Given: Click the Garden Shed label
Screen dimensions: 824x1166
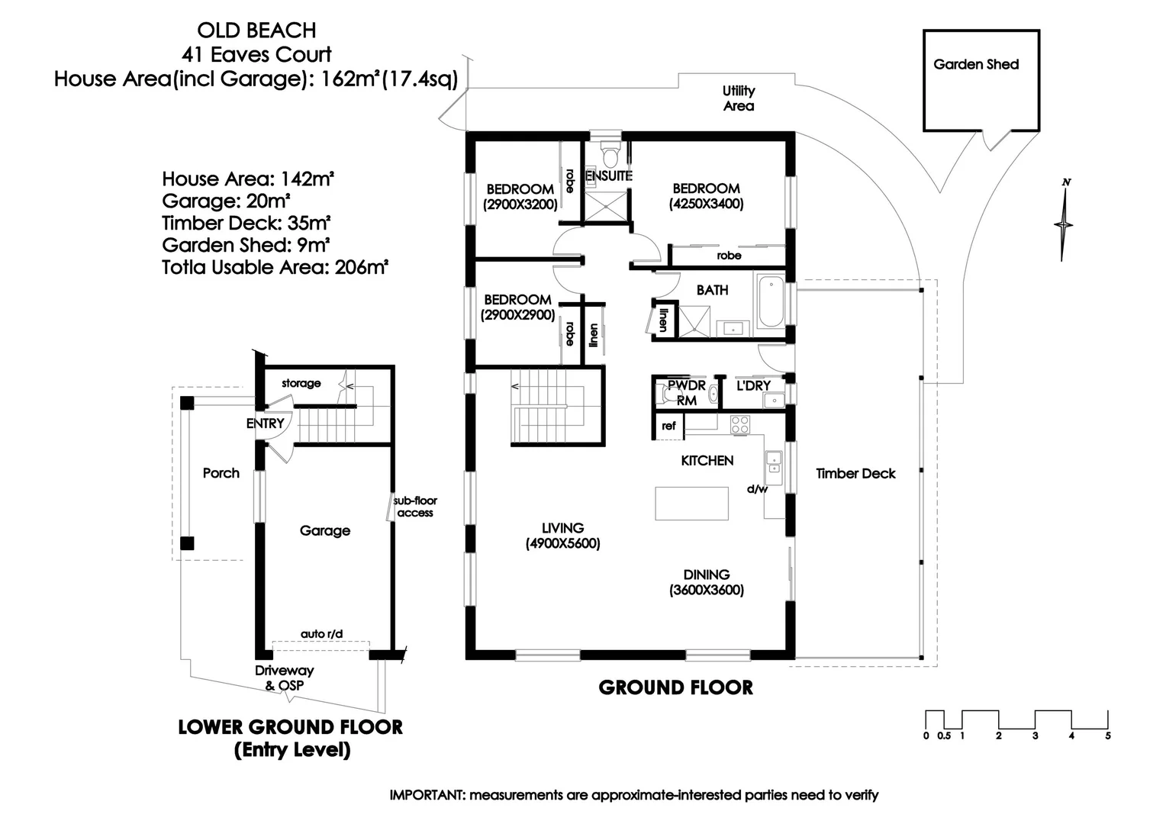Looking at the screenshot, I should click(x=976, y=65).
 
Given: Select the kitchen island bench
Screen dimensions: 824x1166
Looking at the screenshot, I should click(x=691, y=504).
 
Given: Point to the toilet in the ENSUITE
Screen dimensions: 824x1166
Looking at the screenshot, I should click(x=609, y=157).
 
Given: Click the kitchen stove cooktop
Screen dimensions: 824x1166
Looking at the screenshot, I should click(x=739, y=425).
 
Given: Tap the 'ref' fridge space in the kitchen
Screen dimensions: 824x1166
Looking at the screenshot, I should click(x=668, y=426).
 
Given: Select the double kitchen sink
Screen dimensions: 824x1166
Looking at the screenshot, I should click(x=774, y=464).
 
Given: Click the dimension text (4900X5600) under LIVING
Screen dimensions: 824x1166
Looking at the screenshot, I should click(x=562, y=544).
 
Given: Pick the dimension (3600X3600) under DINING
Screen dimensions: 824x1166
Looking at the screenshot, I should click(x=706, y=590).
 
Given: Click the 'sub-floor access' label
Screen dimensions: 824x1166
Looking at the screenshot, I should click(x=415, y=507).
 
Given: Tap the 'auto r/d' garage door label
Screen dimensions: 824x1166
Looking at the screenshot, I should click(x=321, y=633).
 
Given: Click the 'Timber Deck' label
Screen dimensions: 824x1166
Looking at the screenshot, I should click(x=855, y=473).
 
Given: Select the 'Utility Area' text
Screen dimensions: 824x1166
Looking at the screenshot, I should click(x=738, y=98).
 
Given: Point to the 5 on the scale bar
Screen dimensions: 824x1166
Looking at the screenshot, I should click(x=1107, y=735).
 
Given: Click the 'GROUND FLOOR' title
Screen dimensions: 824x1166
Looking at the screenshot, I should click(x=675, y=687).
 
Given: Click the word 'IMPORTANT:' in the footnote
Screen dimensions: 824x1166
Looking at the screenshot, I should click(x=427, y=795).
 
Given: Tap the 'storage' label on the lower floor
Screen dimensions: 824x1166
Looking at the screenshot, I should click(x=301, y=383).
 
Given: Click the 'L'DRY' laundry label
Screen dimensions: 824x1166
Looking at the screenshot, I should click(x=753, y=385).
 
